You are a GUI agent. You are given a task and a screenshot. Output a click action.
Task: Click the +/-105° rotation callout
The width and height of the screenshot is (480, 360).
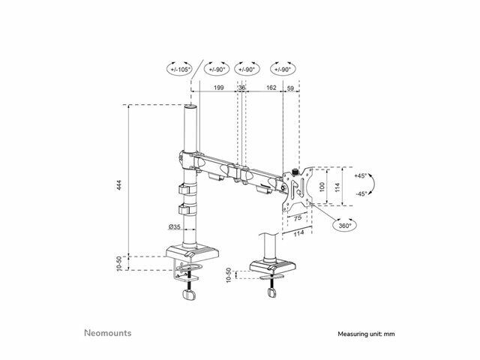(180, 69)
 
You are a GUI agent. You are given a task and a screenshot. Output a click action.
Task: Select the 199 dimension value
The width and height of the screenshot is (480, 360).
(218, 88)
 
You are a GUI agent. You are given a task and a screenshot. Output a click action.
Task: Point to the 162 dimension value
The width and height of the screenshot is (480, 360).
(271, 88)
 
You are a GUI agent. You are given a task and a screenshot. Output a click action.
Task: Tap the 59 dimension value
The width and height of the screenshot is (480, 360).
(290, 88)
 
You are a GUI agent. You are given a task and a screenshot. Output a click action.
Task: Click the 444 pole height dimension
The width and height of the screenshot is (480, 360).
(119, 185)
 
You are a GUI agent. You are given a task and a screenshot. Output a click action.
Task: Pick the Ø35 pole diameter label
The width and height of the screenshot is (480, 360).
(175, 226)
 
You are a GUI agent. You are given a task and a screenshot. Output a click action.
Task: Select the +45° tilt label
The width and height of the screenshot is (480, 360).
(360, 176)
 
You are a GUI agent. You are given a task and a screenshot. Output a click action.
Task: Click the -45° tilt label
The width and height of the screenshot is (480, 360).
(361, 194)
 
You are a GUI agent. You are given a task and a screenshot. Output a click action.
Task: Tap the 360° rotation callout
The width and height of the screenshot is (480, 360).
(345, 226)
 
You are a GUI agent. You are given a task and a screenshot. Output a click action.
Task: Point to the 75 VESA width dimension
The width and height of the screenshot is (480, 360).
(298, 218)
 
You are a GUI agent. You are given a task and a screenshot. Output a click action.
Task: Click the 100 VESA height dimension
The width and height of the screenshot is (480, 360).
(322, 187)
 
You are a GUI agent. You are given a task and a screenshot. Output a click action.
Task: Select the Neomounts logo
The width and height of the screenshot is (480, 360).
(108, 333)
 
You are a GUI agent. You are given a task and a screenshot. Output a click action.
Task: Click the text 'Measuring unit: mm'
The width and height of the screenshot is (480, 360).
(366, 334)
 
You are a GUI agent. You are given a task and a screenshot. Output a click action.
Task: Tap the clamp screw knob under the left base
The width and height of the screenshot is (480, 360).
(189, 295)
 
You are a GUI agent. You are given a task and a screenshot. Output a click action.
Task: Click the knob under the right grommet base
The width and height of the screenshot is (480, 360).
(271, 292)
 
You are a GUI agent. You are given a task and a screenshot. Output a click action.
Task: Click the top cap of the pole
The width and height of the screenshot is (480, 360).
(190, 107)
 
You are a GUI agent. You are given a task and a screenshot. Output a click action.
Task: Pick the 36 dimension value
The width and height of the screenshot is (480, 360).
(241, 88)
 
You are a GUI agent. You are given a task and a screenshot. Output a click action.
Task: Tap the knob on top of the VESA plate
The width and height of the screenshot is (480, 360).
(295, 172)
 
